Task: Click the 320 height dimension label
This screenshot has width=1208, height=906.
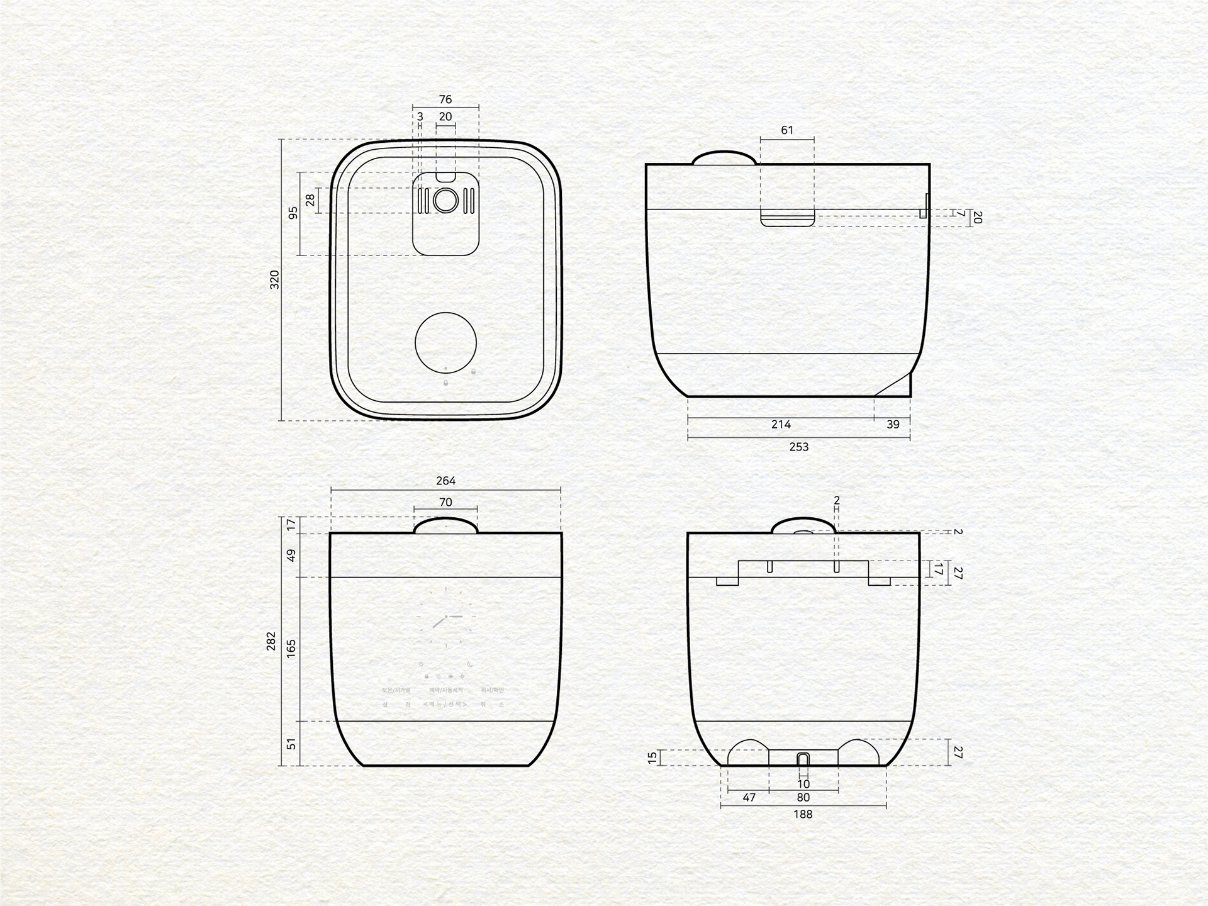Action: pos(274,279)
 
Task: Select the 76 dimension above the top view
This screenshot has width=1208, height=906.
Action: pos(445,99)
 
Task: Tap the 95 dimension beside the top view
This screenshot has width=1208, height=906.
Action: pos(293,213)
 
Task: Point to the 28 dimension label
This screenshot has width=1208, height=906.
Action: pos(310,200)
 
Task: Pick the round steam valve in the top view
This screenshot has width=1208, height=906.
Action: pos(445,201)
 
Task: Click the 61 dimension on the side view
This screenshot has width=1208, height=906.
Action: pos(787,130)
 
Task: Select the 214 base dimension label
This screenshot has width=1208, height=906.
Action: pos(781,425)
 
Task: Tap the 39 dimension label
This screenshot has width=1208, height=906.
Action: pos(893,425)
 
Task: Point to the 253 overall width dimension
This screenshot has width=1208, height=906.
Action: pos(798,447)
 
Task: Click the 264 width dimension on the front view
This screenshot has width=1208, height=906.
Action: pos(445,481)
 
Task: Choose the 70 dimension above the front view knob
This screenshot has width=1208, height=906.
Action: pos(445,502)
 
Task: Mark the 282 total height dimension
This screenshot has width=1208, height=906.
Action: pos(272,640)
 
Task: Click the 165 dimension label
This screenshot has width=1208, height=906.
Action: pos(291,649)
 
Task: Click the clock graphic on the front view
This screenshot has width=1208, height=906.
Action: pos(446,617)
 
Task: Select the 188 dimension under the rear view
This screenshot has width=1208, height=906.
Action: pos(803,814)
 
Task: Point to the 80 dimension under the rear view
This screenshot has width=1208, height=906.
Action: pos(803,797)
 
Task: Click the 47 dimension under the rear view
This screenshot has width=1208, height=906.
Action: pos(749,797)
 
